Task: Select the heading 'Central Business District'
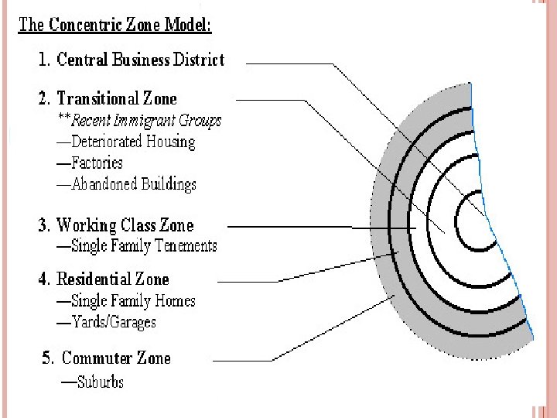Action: click(x=140, y=59)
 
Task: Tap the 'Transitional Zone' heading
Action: click(x=117, y=98)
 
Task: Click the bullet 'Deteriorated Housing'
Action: click(x=132, y=142)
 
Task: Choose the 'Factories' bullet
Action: click(x=97, y=163)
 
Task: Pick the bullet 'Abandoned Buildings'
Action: click(x=133, y=184)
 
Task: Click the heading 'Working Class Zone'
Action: click(x=125, y=225)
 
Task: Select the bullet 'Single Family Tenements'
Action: click(x=144, y=246)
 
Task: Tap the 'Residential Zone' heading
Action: click(x=113, y=279)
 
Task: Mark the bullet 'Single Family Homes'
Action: click(x=132, y=300)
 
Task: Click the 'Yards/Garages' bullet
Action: click(x=113, y=321)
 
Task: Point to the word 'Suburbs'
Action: click(x=100, y=382)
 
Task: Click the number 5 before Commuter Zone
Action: click(x=48, y=358)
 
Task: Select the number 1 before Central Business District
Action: click(x=43, y=60)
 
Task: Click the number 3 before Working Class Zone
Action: click(x=43, y=226)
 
